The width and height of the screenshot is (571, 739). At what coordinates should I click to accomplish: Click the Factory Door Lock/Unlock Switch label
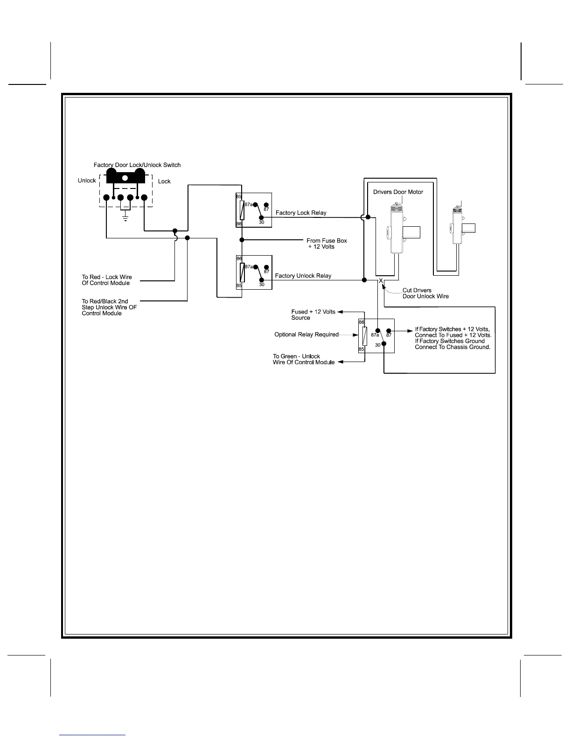point(137,165)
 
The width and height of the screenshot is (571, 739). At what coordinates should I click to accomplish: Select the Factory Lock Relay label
point(301,213)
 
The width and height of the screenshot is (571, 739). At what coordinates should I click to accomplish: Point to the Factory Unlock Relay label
point(303,276)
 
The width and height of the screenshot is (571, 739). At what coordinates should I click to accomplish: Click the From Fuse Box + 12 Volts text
point(326,244)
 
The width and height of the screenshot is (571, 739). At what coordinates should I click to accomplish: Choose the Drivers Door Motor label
point(398,192)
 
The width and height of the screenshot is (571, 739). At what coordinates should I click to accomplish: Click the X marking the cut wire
point(381,280)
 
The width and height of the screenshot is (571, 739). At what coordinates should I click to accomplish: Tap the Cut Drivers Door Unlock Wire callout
point(425,293)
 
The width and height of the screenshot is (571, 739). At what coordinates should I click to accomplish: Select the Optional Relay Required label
point(306,335)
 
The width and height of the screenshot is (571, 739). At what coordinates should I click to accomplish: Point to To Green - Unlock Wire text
point(303,359)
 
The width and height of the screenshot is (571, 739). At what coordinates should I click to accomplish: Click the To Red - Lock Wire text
point(107,280)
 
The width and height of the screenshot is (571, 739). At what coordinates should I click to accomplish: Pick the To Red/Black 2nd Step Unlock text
point(109,307)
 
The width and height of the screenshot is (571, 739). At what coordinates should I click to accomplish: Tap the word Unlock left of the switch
point(87,181)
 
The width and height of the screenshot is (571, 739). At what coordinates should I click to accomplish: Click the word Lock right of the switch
point(164,181)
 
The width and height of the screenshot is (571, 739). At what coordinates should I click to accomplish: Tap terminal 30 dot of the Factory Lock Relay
point(261,217)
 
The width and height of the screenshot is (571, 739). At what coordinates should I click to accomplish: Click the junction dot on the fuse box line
point(242,240)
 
